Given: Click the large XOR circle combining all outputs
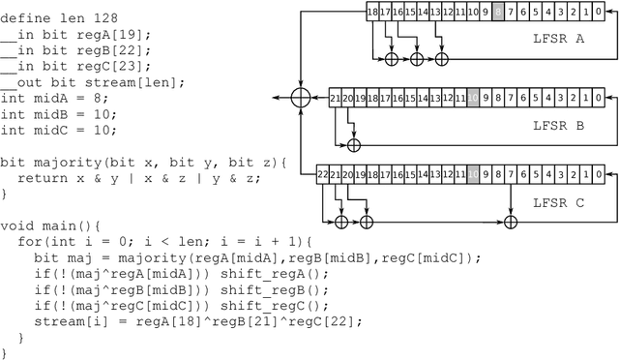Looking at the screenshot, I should click(301, 97).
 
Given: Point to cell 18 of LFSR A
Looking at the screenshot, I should click(374, 12).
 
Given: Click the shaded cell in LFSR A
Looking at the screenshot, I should click(499, 12).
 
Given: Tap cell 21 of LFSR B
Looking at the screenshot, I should click(336, 97).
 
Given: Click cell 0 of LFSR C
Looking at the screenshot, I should click(599, 174).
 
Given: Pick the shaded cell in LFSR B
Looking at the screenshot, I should click(473, 97).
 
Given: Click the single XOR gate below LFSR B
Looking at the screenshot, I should click(353, 144).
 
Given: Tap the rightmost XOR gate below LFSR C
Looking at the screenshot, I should click(511, 222).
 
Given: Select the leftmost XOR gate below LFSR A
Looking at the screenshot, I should click(391, 59).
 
